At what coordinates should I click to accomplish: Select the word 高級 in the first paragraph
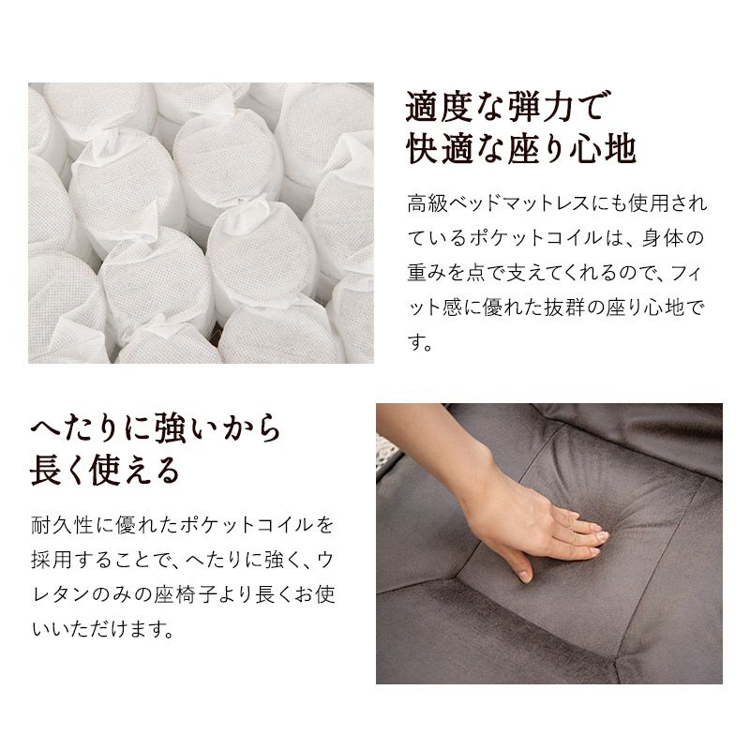pos(428,202)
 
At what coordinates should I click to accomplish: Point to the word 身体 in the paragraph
pos(662,238)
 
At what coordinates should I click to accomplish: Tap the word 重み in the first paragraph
pos(428,273)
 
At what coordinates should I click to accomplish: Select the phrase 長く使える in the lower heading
pos(105,471)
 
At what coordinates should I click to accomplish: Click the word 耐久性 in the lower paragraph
pos(62,525)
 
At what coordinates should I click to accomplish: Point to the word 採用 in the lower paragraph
pos(52,559)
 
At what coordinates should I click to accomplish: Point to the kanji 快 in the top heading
pos(423,149)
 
